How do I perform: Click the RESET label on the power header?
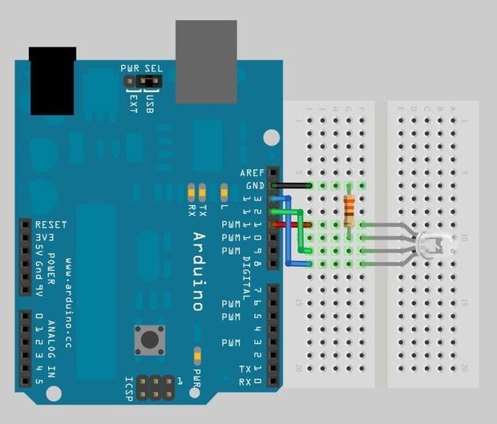point(51,225)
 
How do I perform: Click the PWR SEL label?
point(142,69)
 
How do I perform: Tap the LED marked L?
point(224,192)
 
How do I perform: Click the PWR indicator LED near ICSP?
point(197,354)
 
